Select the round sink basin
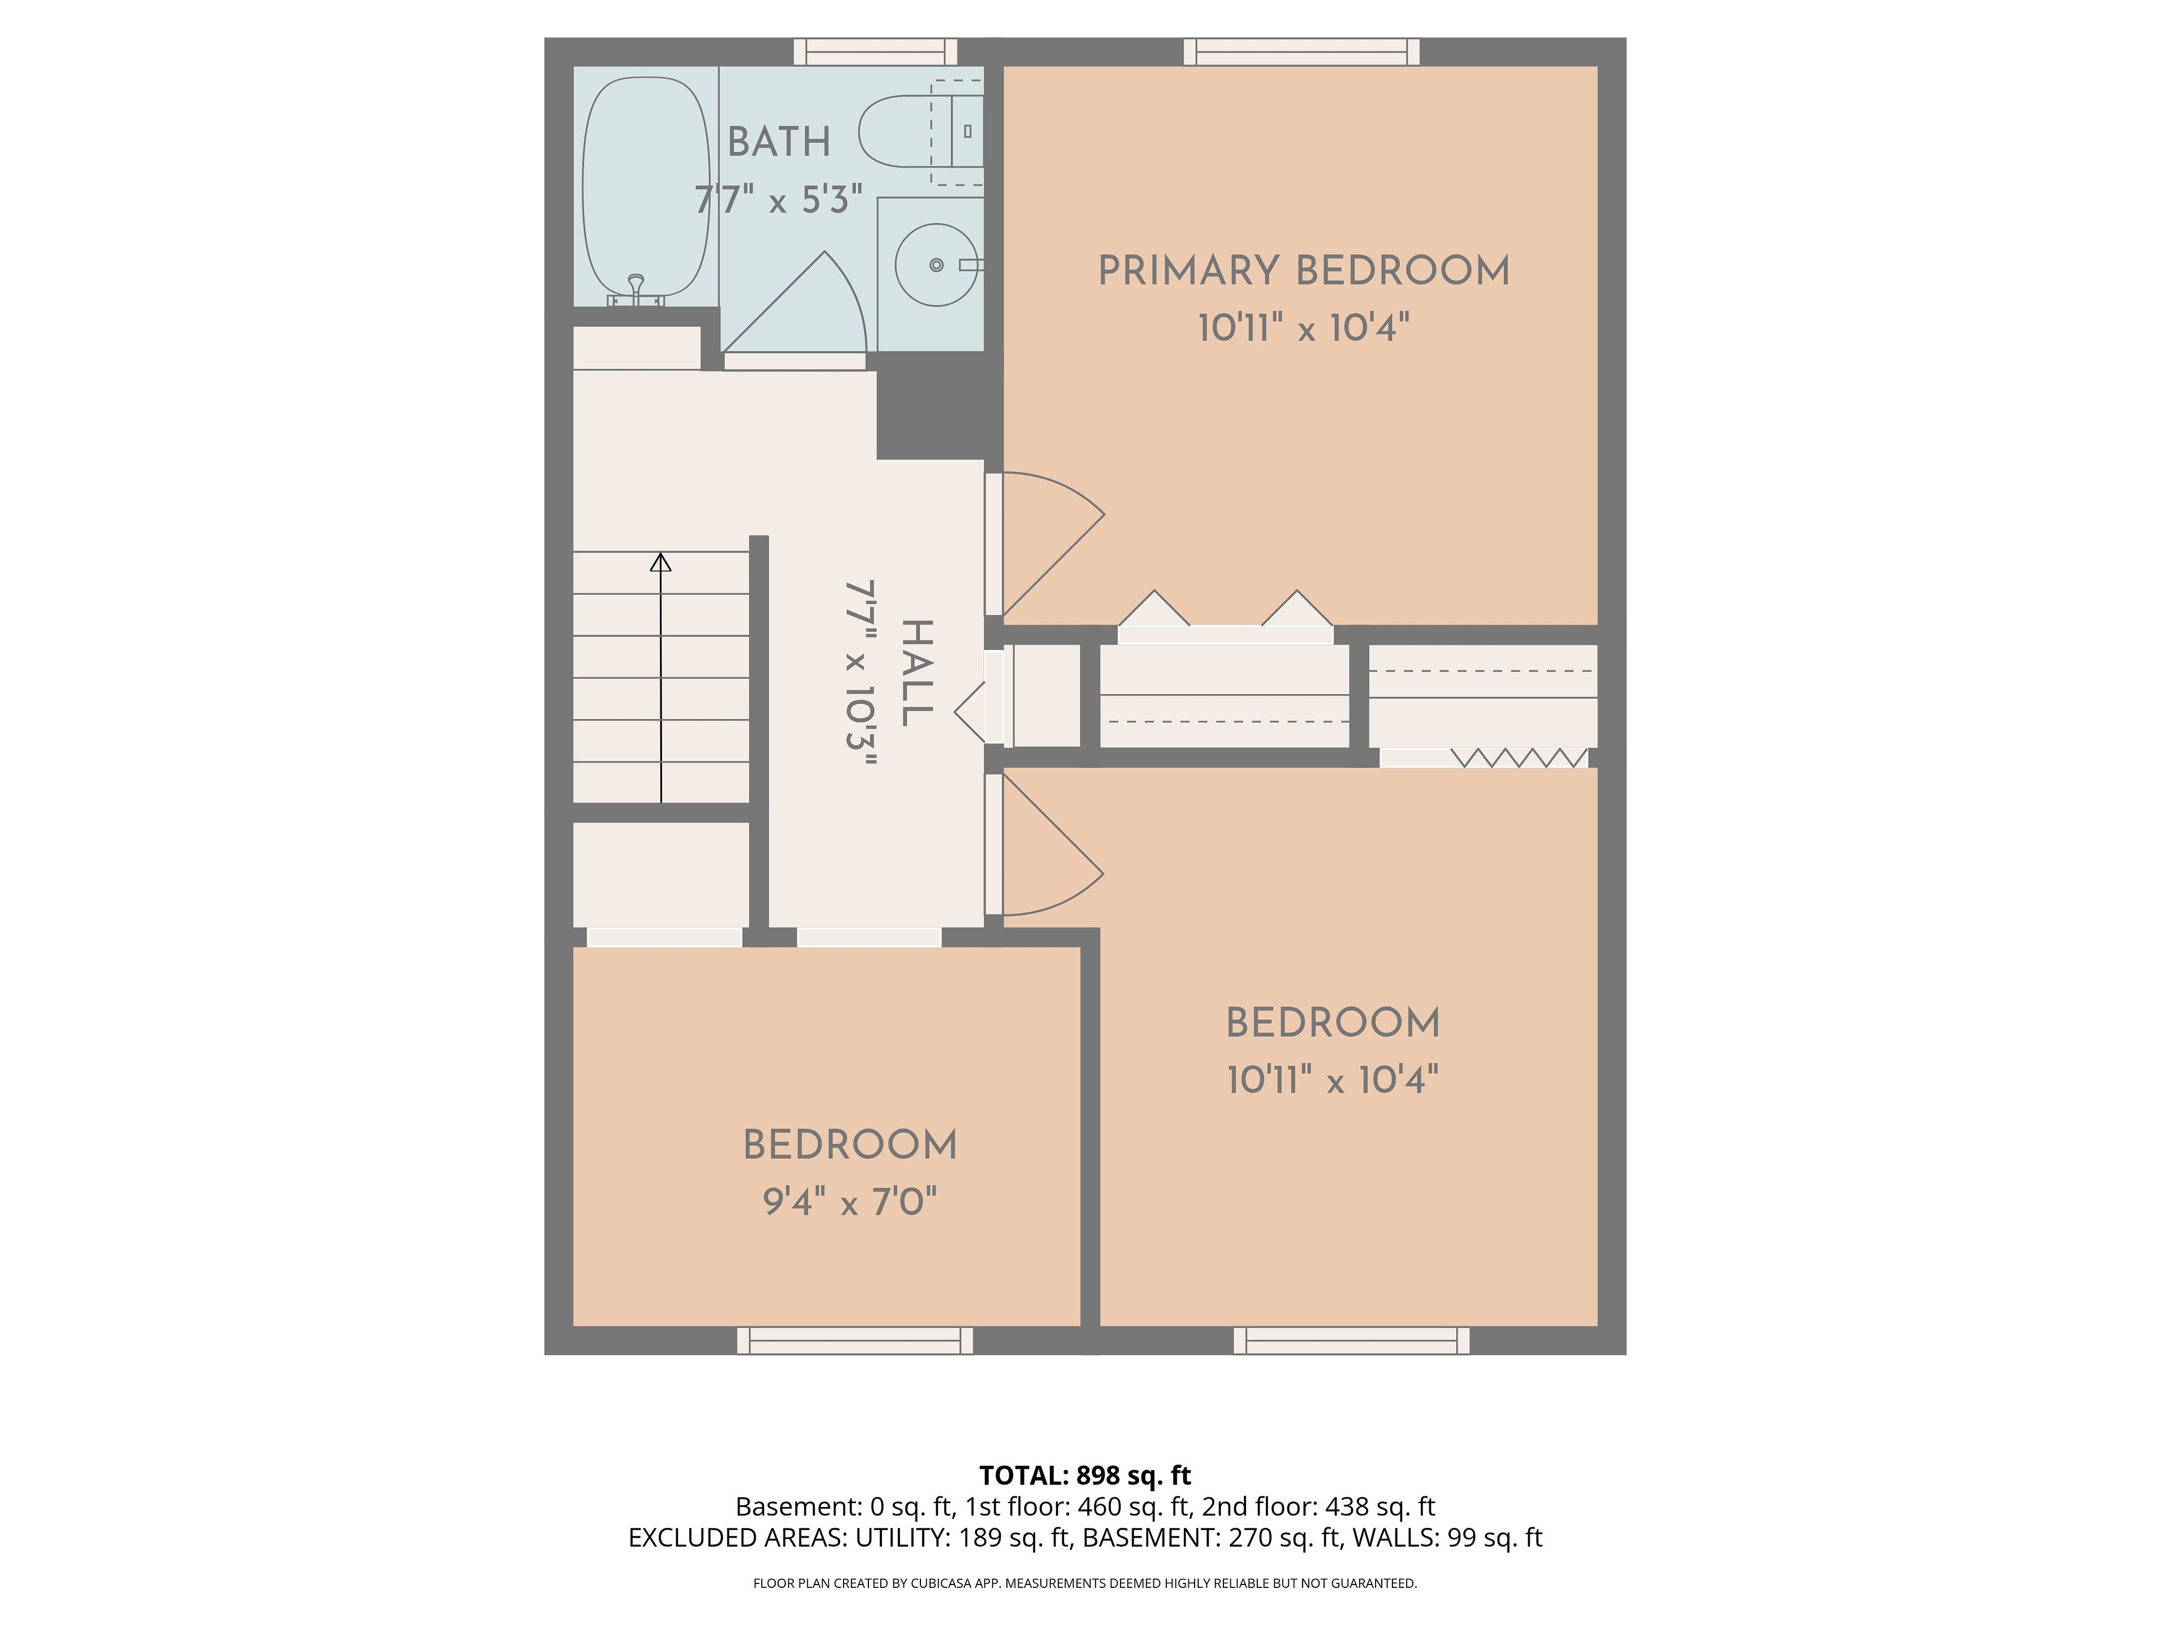pos(936,265)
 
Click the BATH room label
pos(779,142)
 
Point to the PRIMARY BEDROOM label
pos(1303,271)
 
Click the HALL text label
pos(916,673)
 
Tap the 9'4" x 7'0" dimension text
pos(850,1201)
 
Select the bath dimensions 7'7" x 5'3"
pos(779,200)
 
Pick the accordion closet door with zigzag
pos(1519,757)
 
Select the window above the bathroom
pos(875,52)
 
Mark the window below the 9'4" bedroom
pos(855,1340)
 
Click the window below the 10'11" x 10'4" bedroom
pos(1351,1340)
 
